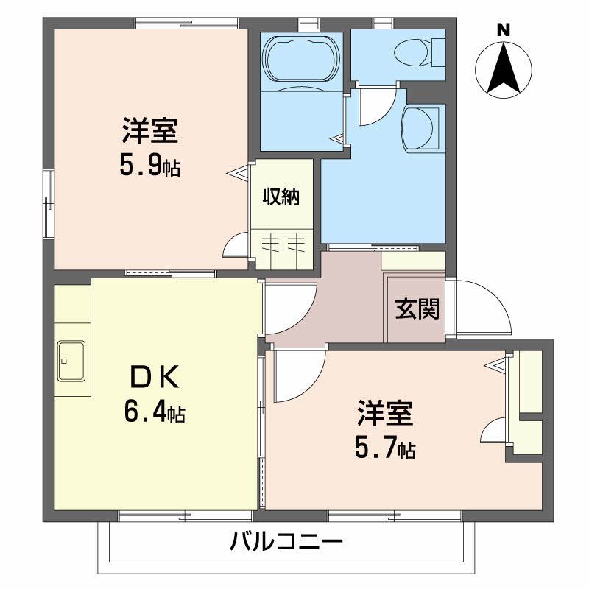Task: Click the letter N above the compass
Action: (x=504, y=30)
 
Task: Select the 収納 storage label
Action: (x=281, y=197)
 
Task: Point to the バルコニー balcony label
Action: (x=286, y=545)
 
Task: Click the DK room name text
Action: (x=154, y=378)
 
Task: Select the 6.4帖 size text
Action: (x=154, y=413)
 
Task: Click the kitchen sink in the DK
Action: (x=72, y=361)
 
